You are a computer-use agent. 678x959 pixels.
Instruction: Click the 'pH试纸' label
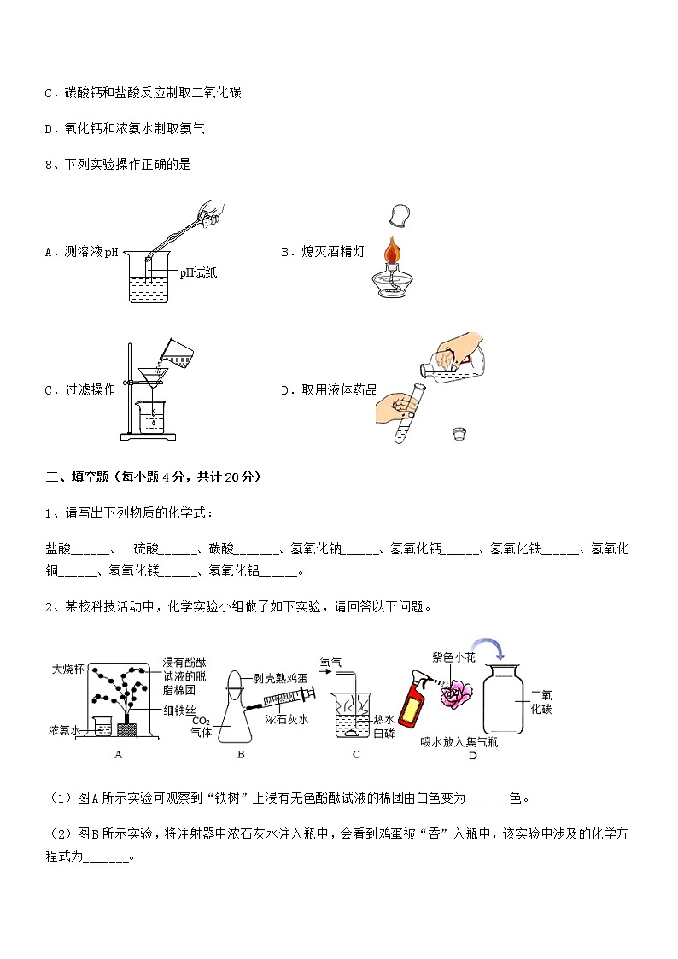(x=197, y=273)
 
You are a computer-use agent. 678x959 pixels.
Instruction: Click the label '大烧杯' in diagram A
(x=68, y=668)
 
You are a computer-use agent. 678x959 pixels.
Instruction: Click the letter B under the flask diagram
(x=241, y=755)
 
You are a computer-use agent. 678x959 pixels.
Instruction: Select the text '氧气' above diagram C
(x=331, y=661)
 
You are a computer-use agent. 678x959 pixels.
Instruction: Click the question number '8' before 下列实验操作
(x=49, y=165)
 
